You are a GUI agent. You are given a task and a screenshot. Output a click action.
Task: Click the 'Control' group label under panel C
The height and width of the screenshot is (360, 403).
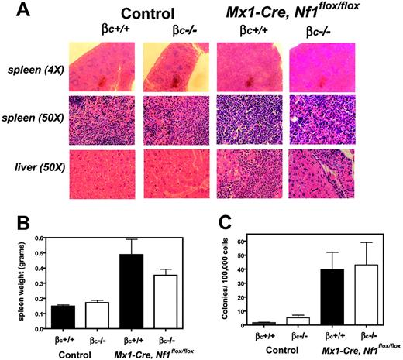(284, 348)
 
